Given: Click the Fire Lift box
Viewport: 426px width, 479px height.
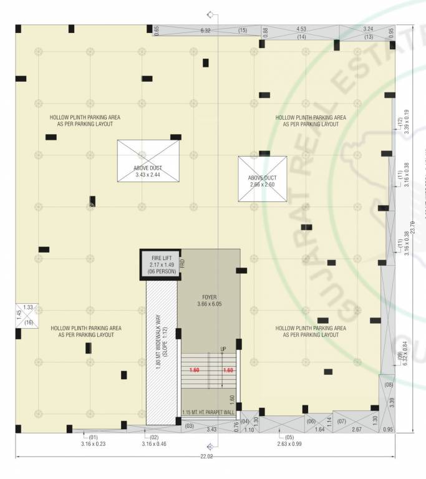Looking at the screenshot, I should click(x=160, y=265).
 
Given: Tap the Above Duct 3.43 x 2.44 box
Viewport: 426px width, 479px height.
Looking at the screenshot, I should click(x=148, y=161).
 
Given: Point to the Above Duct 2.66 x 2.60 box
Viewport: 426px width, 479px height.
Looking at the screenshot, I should click(x=262, y=178).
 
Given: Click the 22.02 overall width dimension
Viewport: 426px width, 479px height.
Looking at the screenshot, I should click(x=206, y=457).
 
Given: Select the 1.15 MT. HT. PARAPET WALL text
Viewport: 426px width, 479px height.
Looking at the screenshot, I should click(x=209, y=413).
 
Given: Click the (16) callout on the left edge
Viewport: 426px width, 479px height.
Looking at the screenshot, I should click(x=28, y=322).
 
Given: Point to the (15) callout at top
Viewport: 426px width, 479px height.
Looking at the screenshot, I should click(x=243, y=31).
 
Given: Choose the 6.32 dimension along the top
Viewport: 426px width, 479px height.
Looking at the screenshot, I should click(x=205, y=31).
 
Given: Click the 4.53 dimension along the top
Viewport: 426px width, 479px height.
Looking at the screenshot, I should click(x=301, y=29).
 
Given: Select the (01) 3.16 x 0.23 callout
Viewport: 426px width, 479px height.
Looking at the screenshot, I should click(x=94, y=440).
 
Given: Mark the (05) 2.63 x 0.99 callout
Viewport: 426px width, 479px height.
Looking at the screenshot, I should click(x=289, y=440).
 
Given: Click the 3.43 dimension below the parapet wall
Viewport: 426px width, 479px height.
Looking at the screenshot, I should click(x=211, y=430).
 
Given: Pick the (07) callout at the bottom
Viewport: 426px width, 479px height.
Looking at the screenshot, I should click(x=341, y=422).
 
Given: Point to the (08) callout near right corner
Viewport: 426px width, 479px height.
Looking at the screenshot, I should click(x=389, y=384).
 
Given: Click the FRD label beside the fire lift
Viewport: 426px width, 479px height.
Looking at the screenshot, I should click(x=182, y=264).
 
